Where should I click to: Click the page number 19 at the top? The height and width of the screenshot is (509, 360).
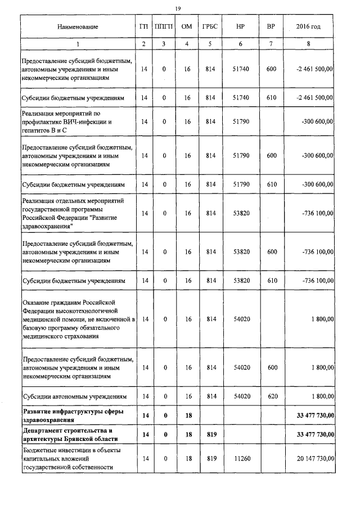(x=178, y=8)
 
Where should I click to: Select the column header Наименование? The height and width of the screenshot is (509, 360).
(x=78, y=27)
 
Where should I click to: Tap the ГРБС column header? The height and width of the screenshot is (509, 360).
(x=211, y=27)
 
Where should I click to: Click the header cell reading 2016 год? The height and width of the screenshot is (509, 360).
(x=308, y=27)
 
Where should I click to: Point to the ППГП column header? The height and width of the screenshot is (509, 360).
(x=164, y=27)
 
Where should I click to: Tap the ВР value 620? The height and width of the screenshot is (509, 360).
(x=272, y=397)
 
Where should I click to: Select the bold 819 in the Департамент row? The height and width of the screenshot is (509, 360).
(x=211, y=434)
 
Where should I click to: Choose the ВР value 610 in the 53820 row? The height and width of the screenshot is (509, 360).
(x=272, y=280)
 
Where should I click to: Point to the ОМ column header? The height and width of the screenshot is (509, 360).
(x=187, y=27)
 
